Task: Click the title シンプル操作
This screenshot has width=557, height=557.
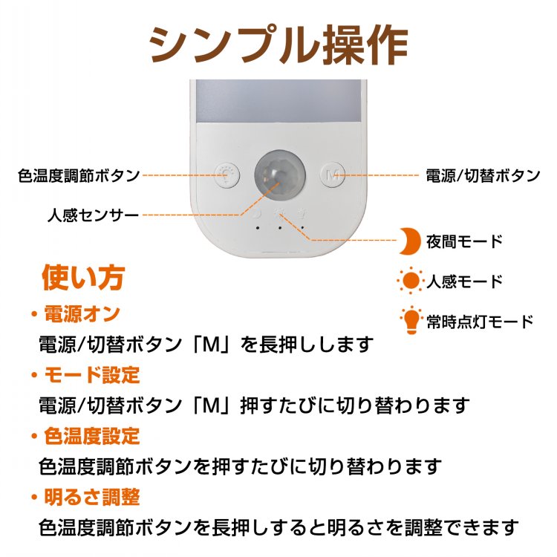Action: coord(278,45)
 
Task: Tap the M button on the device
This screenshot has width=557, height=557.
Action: coord(333,175)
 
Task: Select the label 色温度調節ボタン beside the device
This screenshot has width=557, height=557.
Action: coord(79,175)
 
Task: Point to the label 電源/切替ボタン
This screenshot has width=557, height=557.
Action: coord(483,175)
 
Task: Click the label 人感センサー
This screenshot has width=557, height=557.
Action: coord(93,215)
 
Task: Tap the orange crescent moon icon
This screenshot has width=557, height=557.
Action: coord(410,241)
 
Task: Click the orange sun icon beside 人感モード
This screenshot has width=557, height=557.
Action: coord(411,281)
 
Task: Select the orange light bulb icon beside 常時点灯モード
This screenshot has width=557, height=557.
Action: coord(411,320)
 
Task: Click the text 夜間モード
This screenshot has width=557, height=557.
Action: coord(464,241)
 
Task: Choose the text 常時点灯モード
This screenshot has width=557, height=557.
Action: coord(480,322)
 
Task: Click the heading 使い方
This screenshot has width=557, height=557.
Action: coord(83,278)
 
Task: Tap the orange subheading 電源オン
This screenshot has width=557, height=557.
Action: coord(82,314)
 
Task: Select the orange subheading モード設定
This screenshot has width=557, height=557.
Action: coord(92,375)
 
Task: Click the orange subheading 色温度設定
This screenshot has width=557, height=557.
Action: coord(92,436)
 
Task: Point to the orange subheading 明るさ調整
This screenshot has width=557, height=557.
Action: coord(92,498)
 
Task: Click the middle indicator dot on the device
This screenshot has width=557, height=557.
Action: coord(280,228)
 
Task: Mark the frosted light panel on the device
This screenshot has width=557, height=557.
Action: coord(278,101)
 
